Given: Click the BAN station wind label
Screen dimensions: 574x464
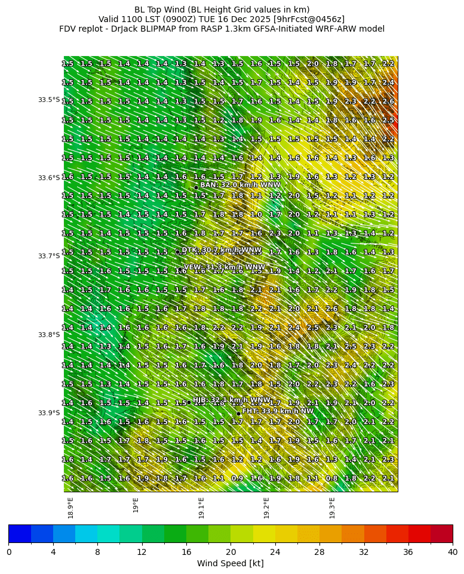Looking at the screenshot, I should pos(240,185).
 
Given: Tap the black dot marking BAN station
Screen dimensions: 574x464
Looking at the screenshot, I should pos(196,187).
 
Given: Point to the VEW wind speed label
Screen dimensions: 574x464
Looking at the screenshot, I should pos(225,267).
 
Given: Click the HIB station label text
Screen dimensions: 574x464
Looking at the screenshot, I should pos(232,400).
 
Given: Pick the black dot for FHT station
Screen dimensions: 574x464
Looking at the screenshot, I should pos(238,413).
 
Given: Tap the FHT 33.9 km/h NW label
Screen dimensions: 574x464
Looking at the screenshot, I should pos(278,411).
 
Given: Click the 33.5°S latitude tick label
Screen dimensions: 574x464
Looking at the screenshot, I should pos(49,100).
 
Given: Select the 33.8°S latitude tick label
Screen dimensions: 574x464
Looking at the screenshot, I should pos(49,335).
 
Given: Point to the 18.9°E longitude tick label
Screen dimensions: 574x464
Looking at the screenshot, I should pos(70,508).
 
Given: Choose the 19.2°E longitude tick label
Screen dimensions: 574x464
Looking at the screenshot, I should pos(266,508).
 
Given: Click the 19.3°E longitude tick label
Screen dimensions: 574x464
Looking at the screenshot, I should pos(332,508).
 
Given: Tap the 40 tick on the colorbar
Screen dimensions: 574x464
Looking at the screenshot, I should pos(452,552).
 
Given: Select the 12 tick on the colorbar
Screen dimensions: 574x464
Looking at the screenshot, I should pos(142,552).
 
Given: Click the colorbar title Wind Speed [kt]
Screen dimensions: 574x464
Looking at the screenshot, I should pos(231,563).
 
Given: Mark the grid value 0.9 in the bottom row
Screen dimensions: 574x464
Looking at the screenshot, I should pos(237,479).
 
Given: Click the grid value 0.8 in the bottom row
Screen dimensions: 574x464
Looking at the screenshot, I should pos(332,479).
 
